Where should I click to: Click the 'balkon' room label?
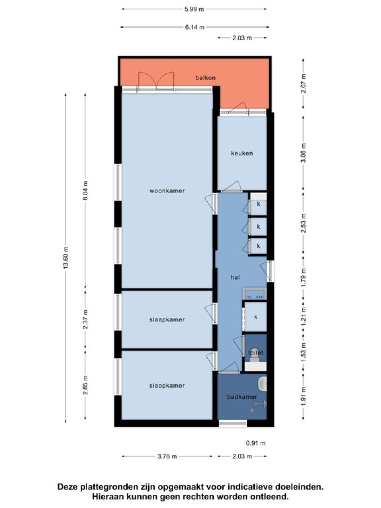(205, 78)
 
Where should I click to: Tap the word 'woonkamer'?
(167, 191)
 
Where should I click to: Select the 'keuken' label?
(242, 153)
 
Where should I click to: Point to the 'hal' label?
(235, 277)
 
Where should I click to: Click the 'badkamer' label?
(242, 397)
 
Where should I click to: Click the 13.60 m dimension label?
(66, 258)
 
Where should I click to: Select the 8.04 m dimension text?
(86, 191)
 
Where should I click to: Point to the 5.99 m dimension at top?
(194, 9)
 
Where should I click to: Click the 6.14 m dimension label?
(195, 27)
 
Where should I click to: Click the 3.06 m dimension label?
(304, 153)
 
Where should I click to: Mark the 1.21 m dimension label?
(304, 316)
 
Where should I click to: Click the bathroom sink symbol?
(262, 383)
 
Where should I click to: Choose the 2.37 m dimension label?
(86, 319)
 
